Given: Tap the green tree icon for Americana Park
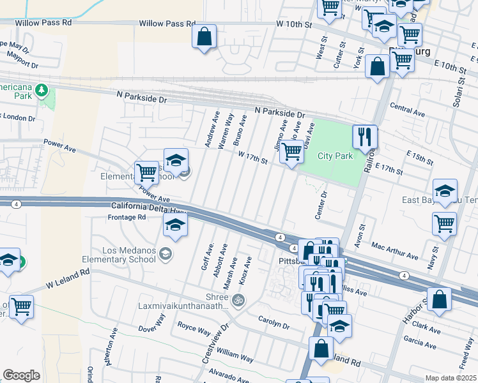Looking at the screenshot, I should point(42,89).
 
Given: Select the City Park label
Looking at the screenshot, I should point(335,156).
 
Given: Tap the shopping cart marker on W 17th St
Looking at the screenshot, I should point(291,153).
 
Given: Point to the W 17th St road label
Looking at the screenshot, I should point(252,157).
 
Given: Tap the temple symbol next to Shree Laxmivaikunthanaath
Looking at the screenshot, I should point(238,299).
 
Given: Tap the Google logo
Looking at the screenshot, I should point(21,375).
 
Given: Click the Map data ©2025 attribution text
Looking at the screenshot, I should point(450,378).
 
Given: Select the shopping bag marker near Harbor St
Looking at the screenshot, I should point(440,300).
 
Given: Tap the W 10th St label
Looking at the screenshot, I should point(293,25).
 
